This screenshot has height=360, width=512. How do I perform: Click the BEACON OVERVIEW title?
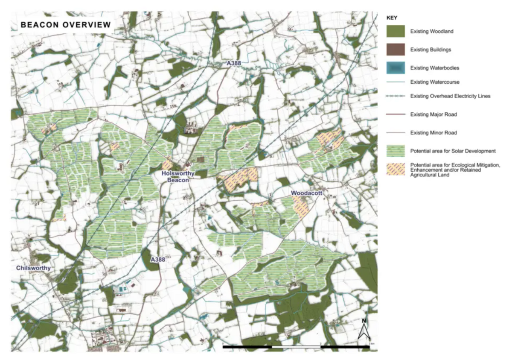click(x=66, y=25)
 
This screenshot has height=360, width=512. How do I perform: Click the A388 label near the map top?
click(x=234, y=64)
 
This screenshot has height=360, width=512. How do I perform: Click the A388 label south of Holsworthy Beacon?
click(x=158, y=260)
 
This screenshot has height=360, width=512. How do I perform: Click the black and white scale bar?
click(x=296, y=347)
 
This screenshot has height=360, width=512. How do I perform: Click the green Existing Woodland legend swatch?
click(x=396, y=31)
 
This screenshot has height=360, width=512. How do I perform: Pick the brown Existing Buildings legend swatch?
click(x=396, y=50)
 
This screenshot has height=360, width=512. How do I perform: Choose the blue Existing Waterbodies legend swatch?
click(x=396, y=68)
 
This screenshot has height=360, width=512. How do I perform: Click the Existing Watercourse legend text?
click(x=434, y=82)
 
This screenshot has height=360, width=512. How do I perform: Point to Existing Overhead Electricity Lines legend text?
click(x=450, y=96)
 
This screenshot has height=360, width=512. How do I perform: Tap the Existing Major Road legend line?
click(x=396, y=114)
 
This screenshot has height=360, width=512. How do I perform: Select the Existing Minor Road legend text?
click(x=433, y=133)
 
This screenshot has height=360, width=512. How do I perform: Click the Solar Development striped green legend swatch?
click(x=396, y=151)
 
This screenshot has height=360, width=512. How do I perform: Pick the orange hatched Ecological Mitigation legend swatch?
click(x=396, y=170)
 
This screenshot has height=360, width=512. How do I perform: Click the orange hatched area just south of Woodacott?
click(x=302, y=208)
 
